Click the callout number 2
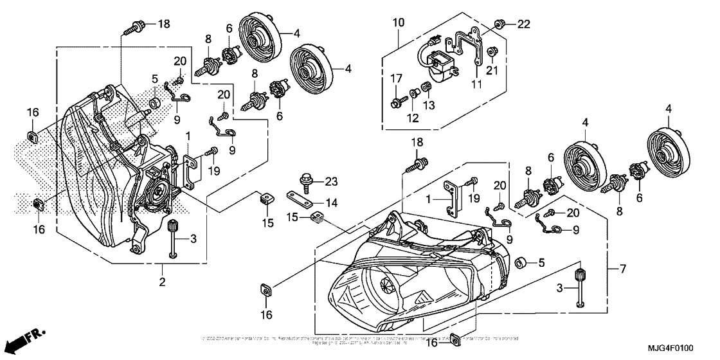click(x=163, y=282)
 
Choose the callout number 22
click(x=524, y=24)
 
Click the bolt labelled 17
click(x=396, y=102)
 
